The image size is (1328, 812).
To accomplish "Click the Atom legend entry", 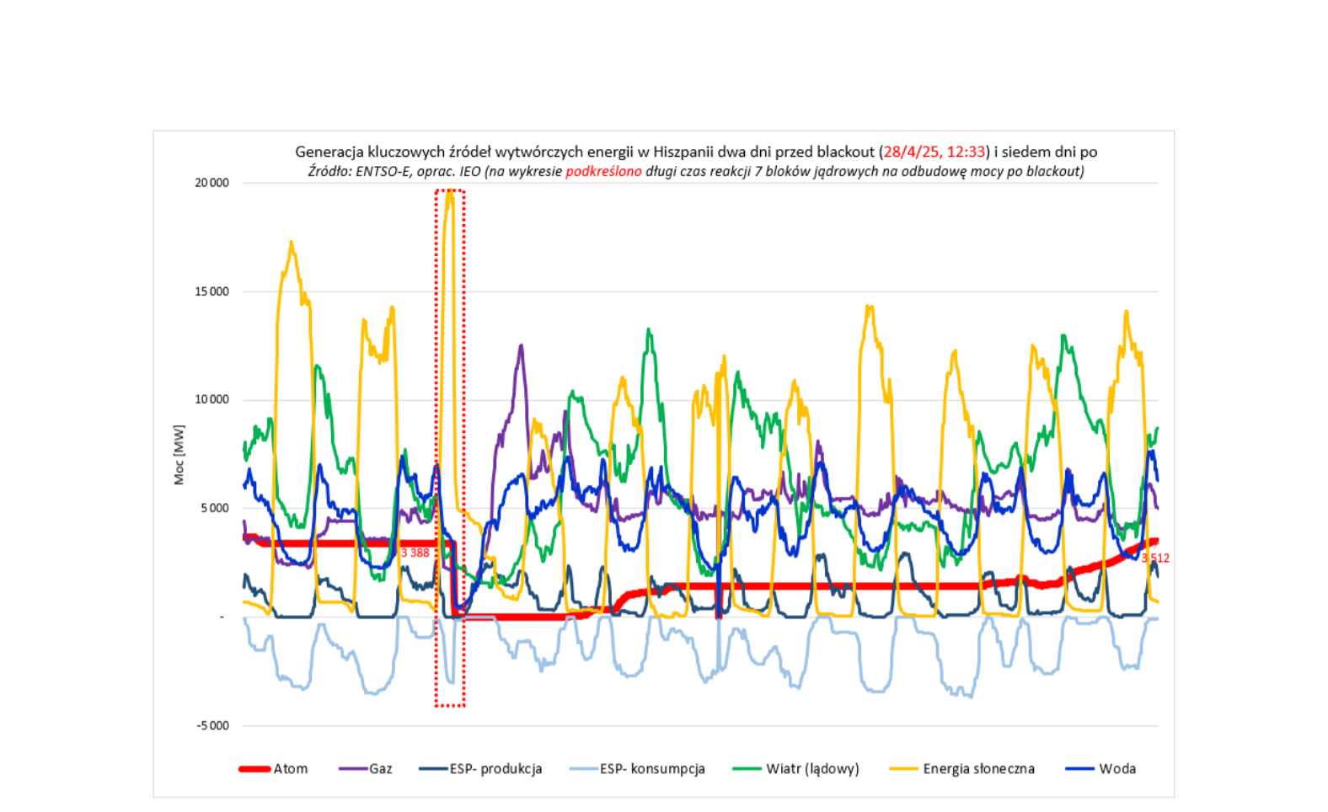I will [x=290, y=768].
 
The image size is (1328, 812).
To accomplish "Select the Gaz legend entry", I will [x=380, y=768].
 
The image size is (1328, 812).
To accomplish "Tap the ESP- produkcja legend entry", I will [x=495, y=768].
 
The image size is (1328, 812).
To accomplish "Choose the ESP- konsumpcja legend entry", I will [x=651, y=768].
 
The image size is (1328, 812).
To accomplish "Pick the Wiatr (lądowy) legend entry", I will [x=811, y=768].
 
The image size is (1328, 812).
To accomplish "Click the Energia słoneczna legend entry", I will [x=977, y=768].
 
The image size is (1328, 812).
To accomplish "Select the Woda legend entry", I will [x=1116, y=768].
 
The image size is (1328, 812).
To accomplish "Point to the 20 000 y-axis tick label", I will [x=212, y=183].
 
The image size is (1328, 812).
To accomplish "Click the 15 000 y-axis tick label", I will [x=212, y=291].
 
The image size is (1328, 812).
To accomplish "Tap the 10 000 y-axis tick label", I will [x=212, y=399].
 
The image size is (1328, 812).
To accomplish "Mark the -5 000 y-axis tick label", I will [x=212, y=725].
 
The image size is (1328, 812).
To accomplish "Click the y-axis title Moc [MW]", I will [x=179, y=455].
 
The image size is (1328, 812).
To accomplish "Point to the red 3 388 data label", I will [x=415, y=553].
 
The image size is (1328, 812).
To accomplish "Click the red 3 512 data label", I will [x=1155, y=558].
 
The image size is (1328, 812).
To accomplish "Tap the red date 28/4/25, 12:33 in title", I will [x=934, y=152].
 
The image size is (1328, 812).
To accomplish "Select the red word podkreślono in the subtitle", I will [x=603, y=171].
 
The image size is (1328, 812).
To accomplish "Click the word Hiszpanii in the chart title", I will [x=683, y=152].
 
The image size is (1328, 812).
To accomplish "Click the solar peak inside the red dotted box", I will [x=450, y=193].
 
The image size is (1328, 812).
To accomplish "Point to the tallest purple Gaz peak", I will [x=522, y=345].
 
